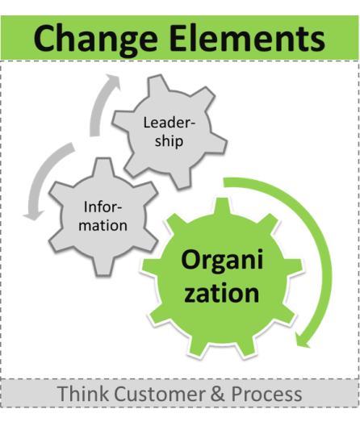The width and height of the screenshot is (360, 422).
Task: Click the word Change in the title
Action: [x=95, y=40]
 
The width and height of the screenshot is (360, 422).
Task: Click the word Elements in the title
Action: [x=247, y=38]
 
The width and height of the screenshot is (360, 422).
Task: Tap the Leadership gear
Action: [x=170, y=132]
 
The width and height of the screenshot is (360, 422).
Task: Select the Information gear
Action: [x=103, y=217]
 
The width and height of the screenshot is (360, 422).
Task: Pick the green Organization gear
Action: [x=222, y=278]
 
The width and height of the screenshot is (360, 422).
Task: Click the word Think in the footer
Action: [x=82, y=394]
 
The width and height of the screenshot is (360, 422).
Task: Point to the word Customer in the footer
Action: [x=160, y=394]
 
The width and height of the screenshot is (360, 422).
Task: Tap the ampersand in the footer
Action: [x=218, y=394]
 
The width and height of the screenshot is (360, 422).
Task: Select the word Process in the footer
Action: [x=266, y=395]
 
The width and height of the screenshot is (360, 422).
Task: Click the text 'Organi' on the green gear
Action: [x=222, y=261]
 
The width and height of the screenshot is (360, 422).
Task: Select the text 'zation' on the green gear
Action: [x=222, y=293]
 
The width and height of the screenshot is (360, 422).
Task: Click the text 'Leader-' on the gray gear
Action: [x=169, y=123]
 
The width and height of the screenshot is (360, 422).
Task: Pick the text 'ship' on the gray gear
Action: [x=169, y=141]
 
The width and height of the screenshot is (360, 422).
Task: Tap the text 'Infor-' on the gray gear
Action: [x=103, y=207]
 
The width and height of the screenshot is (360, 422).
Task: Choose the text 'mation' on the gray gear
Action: [x=103, y=225]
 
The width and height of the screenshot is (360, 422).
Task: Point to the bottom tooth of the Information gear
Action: [x=103, y=266]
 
